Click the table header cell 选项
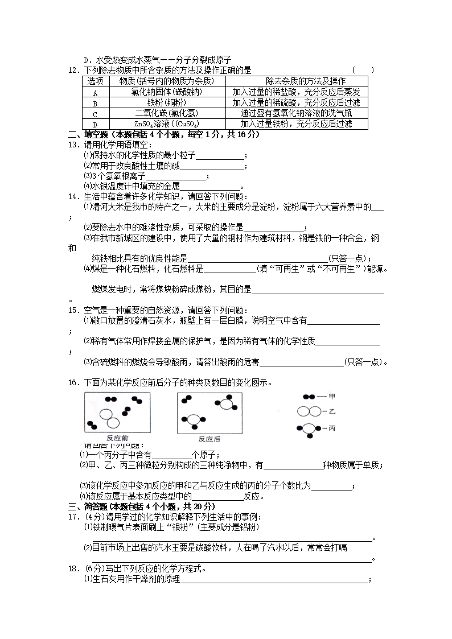(x=95, y=81)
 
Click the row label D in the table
(x=95, y=124)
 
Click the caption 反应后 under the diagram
(x=209, y=439)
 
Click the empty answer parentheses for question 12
(x=363, y=71)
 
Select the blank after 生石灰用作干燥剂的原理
(x=274, y=580)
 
